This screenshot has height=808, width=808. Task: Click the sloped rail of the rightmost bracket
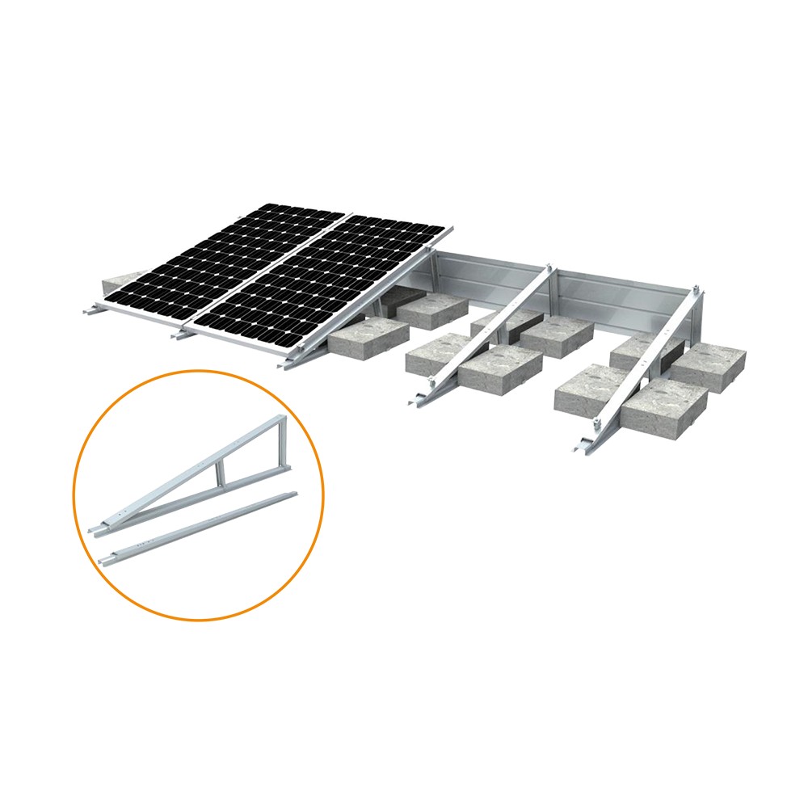[x=646, y=356]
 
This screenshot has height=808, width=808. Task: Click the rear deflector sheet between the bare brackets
[x=622, y=299]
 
